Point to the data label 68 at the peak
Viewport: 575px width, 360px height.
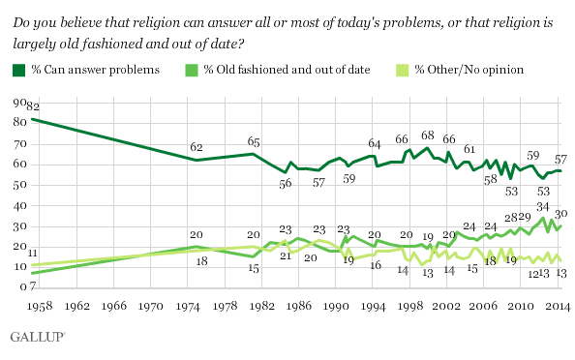point(427,135)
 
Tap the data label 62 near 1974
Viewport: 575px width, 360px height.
point(197,147)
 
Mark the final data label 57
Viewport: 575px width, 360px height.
point(559,158)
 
